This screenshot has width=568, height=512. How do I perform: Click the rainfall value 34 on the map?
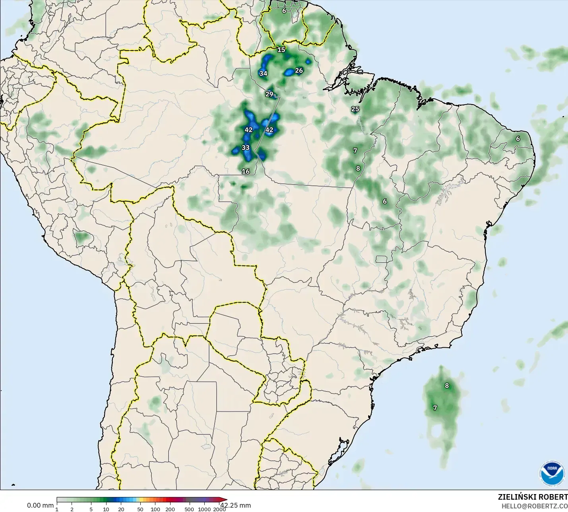pos(263,74)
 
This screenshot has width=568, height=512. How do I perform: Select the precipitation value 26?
pos(299,71)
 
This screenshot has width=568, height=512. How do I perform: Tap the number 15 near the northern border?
pos(281,50)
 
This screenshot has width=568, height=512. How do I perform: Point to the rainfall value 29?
pos(269,94)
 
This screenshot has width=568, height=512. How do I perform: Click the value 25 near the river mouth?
pos(355,109)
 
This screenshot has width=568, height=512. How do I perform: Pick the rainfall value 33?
pos(246,148)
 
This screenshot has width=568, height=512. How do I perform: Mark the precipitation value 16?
pos(246,171)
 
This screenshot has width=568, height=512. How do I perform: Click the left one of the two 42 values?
pos(248,130)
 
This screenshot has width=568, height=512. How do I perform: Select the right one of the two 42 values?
pos(269,130)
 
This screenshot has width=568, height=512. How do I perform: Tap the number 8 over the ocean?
pos(447,386)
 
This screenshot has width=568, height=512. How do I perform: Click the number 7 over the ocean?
pos(435,408)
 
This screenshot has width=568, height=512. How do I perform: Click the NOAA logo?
pos(552,473)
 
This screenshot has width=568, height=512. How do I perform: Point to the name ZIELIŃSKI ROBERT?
pos(533,497)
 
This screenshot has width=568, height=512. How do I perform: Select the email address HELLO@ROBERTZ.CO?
pos(534,506)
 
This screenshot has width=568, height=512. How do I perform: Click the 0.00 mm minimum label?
pos(40,506)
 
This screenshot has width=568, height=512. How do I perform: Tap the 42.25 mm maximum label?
pos(236,506)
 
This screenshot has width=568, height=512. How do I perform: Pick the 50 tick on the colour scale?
pos(140,509)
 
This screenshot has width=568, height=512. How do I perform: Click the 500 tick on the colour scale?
pos(189,509)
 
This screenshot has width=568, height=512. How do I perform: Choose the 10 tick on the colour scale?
pos(106,509)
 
